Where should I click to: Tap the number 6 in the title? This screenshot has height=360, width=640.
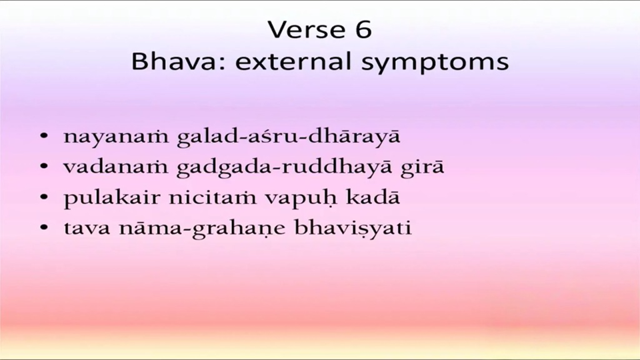click(x=363, y=30)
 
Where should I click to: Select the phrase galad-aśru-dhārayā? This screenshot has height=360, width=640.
click(x=289, y=136)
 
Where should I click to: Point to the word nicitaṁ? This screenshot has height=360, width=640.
click(x=212, y=197)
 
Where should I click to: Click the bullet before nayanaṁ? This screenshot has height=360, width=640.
click(x=45, y=136)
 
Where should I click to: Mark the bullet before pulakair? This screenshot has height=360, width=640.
click(x=45, y=197)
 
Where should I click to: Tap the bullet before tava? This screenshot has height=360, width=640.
click(x=45, y=228)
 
